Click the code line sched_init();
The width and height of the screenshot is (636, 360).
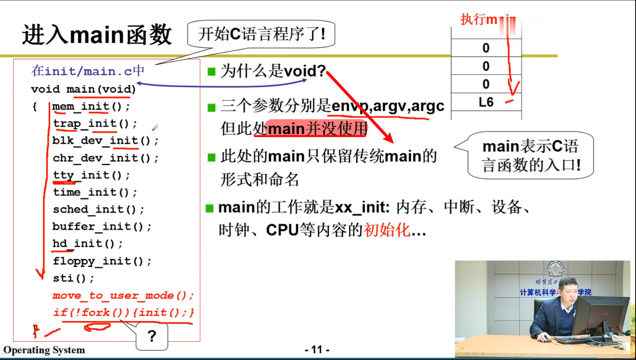(x=99, y=209)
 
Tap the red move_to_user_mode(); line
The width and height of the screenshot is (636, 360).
(x=123, y=295)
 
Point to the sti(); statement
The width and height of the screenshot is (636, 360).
(x=73, y=278)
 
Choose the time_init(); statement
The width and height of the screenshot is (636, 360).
(x=95, y=192)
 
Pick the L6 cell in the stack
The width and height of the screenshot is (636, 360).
(x=486, y=102)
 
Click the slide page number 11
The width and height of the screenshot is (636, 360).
(x=317, y=350)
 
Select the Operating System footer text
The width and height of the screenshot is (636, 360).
(x=44, y=350)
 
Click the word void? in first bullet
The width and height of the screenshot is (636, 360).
(x=304, y=71)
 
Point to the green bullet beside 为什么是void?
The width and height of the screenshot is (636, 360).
(x=211, y=71)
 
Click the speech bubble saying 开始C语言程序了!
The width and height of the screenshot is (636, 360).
(x=261, y=34)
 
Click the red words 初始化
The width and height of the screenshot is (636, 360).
(x=386, y=230)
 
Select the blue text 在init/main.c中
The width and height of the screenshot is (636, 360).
(x=88, y=71)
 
